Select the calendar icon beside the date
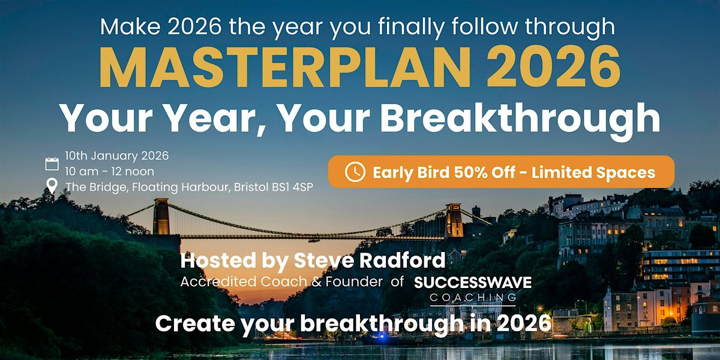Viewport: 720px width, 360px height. point(52,164)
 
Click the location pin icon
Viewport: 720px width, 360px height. point(52,187)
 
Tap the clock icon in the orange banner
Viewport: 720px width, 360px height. point(355,172)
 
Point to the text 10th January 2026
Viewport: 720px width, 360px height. point(117,155)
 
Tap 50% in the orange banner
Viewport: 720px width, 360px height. point(459,173)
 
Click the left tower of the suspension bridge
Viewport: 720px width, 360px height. point(161,216)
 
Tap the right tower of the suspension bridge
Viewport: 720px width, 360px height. point(454,220)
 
